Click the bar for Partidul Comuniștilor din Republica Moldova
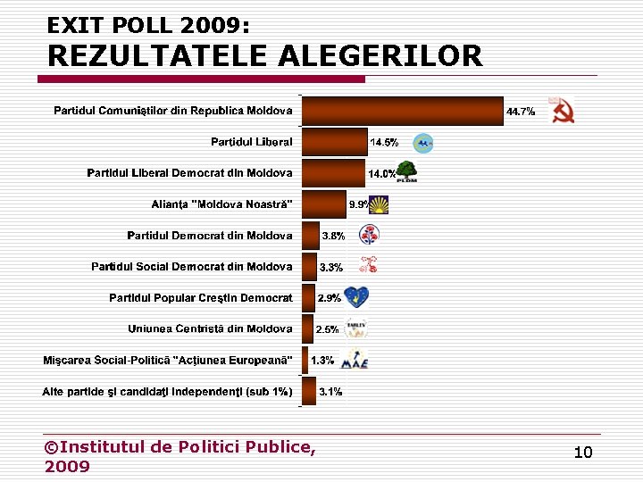[x=403, y=111]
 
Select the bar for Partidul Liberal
[x=335, y=142]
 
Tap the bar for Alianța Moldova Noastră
[x=324, y=204]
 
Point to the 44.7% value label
[x=521, y=112]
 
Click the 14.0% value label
[x=382, y=174]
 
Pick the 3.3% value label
[x=331, y=268]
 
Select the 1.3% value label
[x=322, y=361]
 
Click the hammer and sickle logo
[x=562, y=111]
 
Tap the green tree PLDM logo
[x=406, y=170]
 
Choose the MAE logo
[x=355, y=359]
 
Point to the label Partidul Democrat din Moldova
[x=210, y=236]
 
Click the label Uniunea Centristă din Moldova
[x=210, y=329]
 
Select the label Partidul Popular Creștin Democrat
[x=201, y=298]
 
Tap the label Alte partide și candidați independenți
[x=168, y=392]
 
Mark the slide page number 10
[x=583, y=453]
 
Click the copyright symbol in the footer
[x=52, y=446]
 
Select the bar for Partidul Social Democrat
[x=309, y=267]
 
